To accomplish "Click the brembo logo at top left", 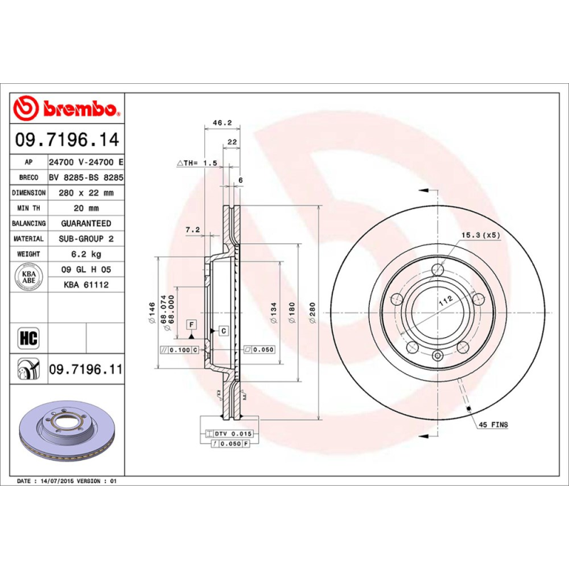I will pyautogui.click(x=65, y=109).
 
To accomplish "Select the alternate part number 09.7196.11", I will pyautogui.click(x=86, y=371).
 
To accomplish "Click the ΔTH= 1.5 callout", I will pyautogui.click(x=196, y=163).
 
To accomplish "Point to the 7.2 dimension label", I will pyautogui.click(x=192, y=230).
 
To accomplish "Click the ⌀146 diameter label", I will pyautogui.click(x=151, y=313).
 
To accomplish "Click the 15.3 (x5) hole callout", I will pyautogui.click(x=482, y=234).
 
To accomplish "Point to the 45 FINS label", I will pyautogui.click(x=493, y=425).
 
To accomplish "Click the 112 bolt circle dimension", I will pyautogui.click(x=446, y=302).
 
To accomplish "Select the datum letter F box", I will pyautogui.click(x=191, y=324).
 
